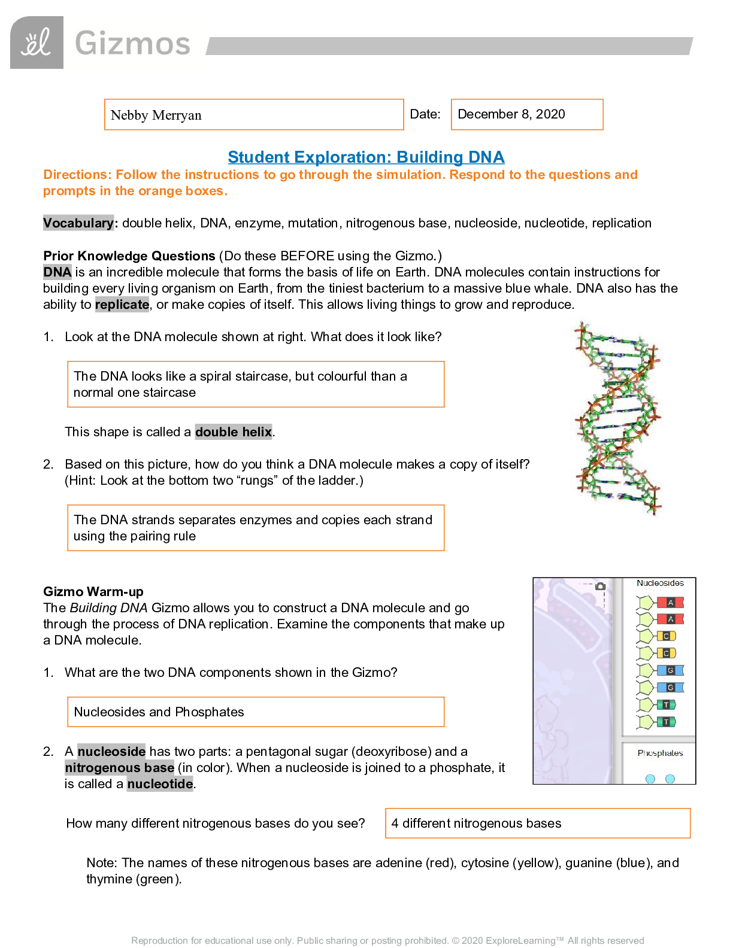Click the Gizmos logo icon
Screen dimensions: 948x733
37,42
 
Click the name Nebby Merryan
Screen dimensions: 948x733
156,115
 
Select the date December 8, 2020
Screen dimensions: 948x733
511,114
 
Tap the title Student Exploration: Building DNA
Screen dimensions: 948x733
366,157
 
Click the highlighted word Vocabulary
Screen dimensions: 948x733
78,223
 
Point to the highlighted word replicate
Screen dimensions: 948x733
122,305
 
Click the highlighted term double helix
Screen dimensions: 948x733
234,432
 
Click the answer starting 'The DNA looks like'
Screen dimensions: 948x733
240,384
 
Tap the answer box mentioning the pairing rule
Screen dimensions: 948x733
253,528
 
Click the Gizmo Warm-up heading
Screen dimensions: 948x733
93,592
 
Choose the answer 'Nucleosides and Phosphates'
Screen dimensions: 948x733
159,712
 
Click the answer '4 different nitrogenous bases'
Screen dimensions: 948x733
476,824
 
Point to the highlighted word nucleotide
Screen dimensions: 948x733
160,784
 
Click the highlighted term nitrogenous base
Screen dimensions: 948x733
120,768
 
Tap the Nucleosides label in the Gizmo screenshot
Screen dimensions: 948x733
660,583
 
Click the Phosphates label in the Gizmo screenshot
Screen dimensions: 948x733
660,753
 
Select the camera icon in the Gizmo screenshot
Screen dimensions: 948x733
601,586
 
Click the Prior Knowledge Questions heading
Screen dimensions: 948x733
129,256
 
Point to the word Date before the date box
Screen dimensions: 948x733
425,114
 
